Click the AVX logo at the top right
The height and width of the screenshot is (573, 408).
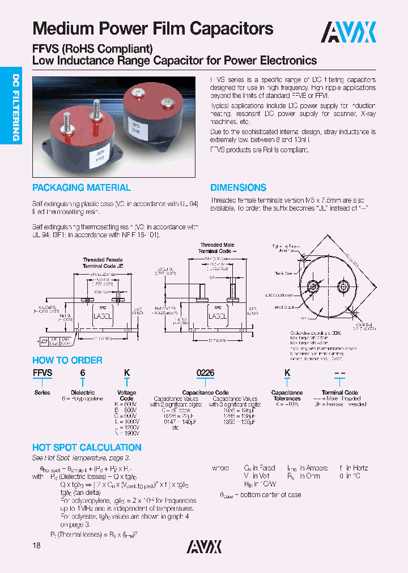click(x=348, y=32)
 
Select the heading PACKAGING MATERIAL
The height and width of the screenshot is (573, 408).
click(x=82, y=188)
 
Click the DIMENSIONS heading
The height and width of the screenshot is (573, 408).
click(x=238, y=188)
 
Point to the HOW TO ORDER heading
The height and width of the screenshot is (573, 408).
click(x=67, y=360)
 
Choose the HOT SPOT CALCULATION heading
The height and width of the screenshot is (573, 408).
click(x=87, y=447)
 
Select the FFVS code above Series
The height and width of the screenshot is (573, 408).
click(x=42, y=373)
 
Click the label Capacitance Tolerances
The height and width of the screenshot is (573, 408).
click(x=287, y=395)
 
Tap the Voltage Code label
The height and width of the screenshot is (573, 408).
click(x=126, y=395)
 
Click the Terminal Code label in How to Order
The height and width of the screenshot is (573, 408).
click(x=340, y=392)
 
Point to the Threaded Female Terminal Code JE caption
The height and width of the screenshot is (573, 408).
click(x=103, y=263)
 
